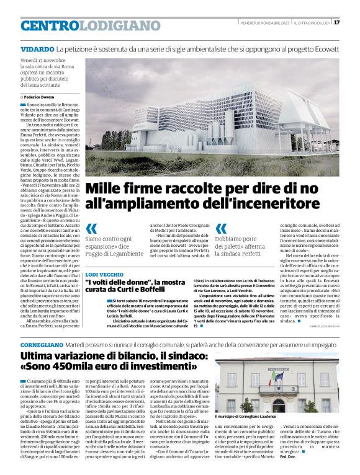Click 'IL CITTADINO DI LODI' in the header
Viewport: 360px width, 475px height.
[x=311, y=23]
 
